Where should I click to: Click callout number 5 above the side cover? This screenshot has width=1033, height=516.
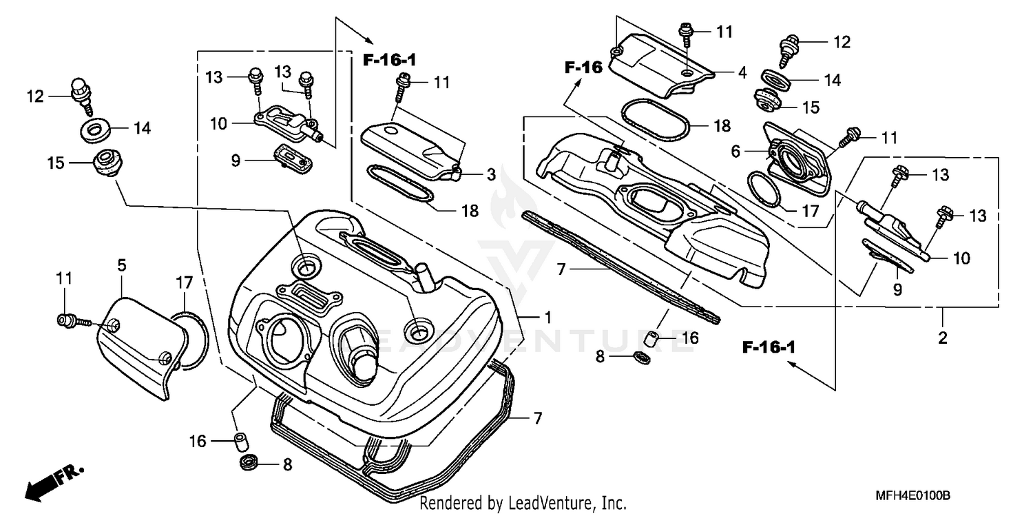[x=121, y=265]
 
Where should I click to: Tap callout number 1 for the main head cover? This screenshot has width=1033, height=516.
[x=547, y=317]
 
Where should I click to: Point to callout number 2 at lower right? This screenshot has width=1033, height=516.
[x=942, y=338]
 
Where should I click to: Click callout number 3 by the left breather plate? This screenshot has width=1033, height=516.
[x=491, y=176]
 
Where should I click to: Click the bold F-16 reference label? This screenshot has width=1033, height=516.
[x=584, y=68]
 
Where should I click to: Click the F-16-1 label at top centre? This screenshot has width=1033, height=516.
[x=390, y=60]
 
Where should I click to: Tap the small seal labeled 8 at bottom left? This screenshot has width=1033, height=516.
[x=249, y=462]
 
